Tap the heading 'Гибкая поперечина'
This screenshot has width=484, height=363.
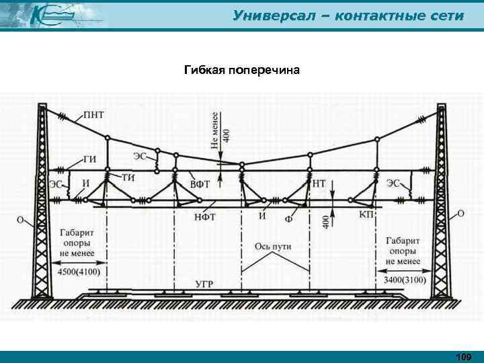242,70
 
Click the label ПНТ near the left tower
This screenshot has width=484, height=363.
93,116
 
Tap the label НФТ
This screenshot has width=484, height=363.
205,216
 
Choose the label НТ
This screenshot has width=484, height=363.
320,182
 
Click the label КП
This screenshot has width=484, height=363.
366,213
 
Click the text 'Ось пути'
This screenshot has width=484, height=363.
273,246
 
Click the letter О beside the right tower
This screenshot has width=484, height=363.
460,213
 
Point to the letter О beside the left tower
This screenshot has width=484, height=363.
21,219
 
